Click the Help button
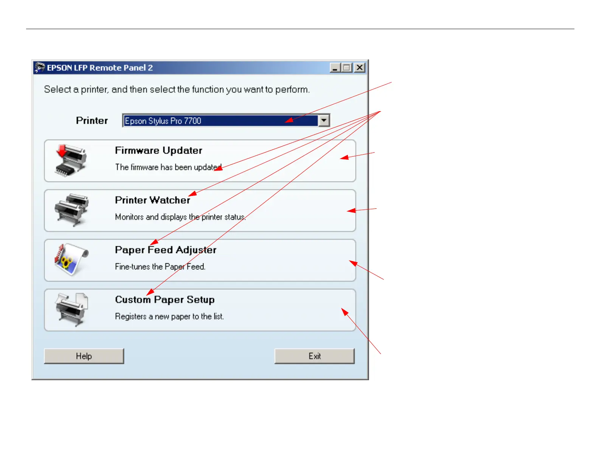(x=84, y=356)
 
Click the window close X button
(x=360, y=68)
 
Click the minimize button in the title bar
(x=335, y=68)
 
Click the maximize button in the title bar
(x=347, y=68)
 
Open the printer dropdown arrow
(x=324, y=121)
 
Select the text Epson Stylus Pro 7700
(x=163, y=121)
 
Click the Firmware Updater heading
(x=158, y=151)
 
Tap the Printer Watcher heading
(x=152, y=200)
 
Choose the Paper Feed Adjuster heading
(x=166, y=250)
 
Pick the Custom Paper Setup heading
(x=165, y=300)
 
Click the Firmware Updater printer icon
(x=71, y=160)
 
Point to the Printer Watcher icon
(x=71, y=210)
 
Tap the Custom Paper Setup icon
(x=71, y=309)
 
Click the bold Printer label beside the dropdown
(x=92, y=121)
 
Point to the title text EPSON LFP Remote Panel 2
(x=100, y=68)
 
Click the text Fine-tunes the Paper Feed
(x=160, y=267)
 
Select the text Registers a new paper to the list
(x=169, y=317)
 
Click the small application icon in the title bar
(x=40, y=68)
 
